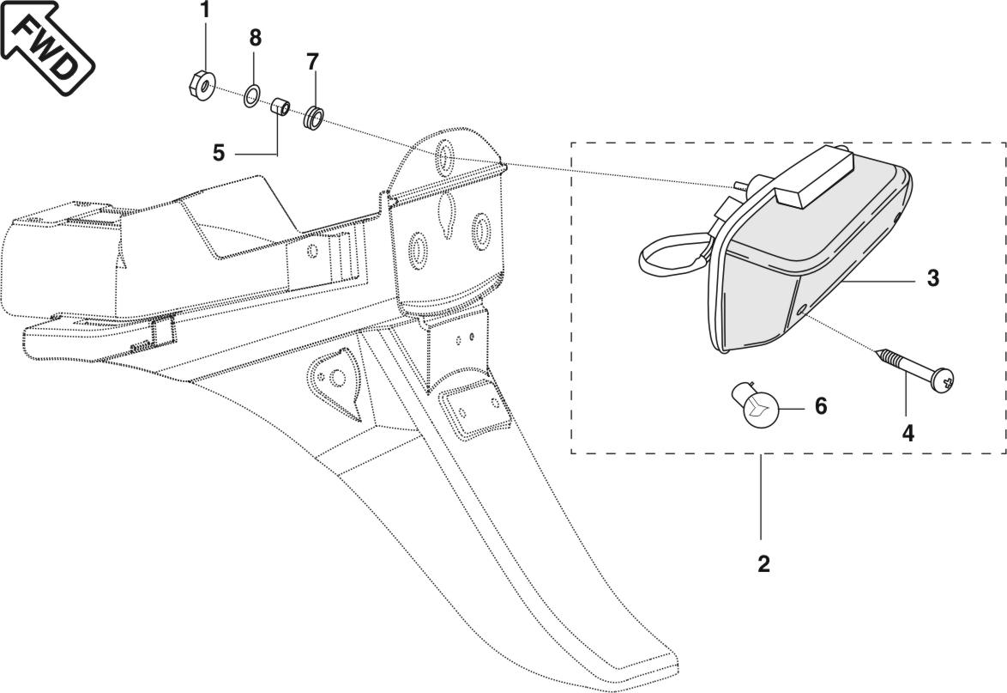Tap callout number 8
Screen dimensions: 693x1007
(x=255, y=38)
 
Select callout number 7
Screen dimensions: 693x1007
(x=312, y=62)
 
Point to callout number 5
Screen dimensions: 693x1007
(x=219, y=153)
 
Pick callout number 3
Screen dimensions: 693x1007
(x=932, y=278)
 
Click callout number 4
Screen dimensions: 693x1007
(x=908, y=434)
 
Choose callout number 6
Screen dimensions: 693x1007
(x=821, y=405)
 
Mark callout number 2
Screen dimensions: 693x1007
(x=763, y=563)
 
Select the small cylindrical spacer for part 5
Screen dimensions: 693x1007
(x=280, y=108)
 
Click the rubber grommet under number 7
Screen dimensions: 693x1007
(x=312, y=116)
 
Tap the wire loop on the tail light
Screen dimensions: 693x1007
(x=670, y=257)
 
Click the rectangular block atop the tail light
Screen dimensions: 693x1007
(x=812, y=177)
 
